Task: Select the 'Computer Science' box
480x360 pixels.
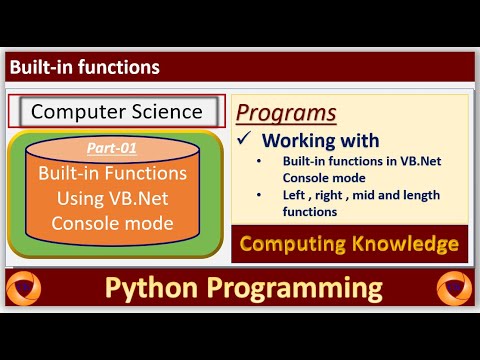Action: coord(117,112)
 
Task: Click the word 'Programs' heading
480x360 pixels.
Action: coord(287,112)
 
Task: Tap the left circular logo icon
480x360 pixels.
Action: coord(23,288)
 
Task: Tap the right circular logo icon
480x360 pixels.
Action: coord(454,288)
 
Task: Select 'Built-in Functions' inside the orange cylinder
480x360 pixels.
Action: coord(116,173)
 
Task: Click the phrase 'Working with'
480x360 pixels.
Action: coord(320,140)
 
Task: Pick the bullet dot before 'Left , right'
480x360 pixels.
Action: coord(260,194)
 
